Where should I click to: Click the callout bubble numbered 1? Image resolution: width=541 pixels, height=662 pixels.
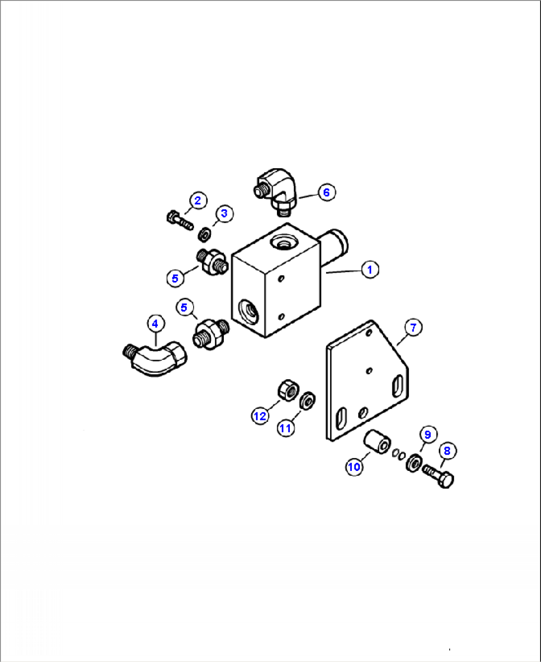[x=370, y=269]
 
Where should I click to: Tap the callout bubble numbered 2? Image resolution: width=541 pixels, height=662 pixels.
[x=198, y=200]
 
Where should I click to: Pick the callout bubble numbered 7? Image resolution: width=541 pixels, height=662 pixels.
[x=413, y=328]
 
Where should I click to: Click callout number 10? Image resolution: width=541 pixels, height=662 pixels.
[x=354, y=467]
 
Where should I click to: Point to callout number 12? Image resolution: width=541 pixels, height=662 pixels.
[x=260, y=416]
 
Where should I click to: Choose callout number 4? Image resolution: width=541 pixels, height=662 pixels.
[x=155, y=324]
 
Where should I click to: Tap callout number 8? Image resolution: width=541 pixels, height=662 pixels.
[x=447, y=451]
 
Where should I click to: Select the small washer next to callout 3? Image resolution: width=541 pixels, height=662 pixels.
[x=203, y=233]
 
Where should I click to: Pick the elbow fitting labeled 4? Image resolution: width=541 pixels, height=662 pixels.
[x=154, y=358]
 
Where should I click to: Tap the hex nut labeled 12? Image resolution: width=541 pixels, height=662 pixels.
[x=286, y=390]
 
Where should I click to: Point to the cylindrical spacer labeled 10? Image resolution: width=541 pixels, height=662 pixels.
[x=378, y=442]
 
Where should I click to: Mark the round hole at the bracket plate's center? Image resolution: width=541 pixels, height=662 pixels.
[x=369, y=371]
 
